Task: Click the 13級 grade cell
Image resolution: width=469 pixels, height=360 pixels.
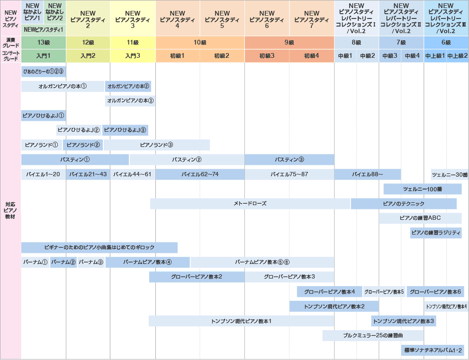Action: [x=43, y=42]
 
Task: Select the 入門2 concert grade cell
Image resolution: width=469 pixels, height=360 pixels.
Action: [x=88, y=56]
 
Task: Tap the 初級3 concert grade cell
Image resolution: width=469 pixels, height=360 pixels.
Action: [x=267, y=56]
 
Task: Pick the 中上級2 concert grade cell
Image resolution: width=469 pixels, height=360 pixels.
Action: [x=457, y=56]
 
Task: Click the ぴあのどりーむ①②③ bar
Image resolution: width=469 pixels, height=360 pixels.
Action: [x=43, y=72]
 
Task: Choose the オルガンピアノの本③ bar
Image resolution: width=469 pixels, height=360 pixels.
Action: [x=130, y=101]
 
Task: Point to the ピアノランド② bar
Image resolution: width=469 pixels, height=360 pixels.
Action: [x=83, y=145]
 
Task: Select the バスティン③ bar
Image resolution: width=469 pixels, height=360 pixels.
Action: [x=289, y=160]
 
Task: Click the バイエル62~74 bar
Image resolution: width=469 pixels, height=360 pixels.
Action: [x=200, y=174]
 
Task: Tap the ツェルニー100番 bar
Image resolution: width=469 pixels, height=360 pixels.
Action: [x=422, y=189]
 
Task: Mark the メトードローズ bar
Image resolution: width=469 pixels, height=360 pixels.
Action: [x=250, y=204]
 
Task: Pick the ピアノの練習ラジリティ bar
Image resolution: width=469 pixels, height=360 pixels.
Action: [x=436, y=233]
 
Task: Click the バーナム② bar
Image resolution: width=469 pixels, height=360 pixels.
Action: [x=63, y=262]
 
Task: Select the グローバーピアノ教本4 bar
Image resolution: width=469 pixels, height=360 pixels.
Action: [x=330, y=292]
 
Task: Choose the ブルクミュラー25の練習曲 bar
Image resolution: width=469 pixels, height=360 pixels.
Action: [x=373, y=335]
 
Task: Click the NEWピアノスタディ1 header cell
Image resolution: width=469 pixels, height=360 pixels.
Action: [x=43, y=29]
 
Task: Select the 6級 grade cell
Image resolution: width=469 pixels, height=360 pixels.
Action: [x=446, y=42]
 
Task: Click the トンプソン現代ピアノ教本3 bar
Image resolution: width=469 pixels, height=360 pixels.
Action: [x=403, y=321]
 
